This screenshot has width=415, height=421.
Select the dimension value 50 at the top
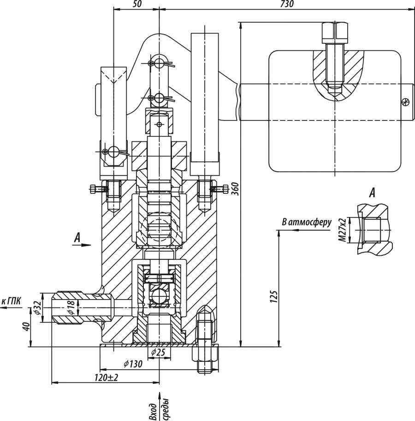click(x=137, y=4)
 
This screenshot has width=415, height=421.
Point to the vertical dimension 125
click(x=273, y=295)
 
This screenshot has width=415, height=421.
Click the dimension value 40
click(x=26, y=327)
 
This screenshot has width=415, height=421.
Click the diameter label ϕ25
click(x=158, y=353)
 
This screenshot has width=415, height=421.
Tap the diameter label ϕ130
click(x=133, y=364)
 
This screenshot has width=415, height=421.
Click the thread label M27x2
click(x=342, y=231)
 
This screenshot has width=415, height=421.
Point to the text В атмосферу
click(x=307, y=223)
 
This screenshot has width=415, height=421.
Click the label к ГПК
click(x=12, y=301)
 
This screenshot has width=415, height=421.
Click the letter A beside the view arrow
click(x=77, y=238)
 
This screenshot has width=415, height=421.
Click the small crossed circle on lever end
click(x=405, y=102)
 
